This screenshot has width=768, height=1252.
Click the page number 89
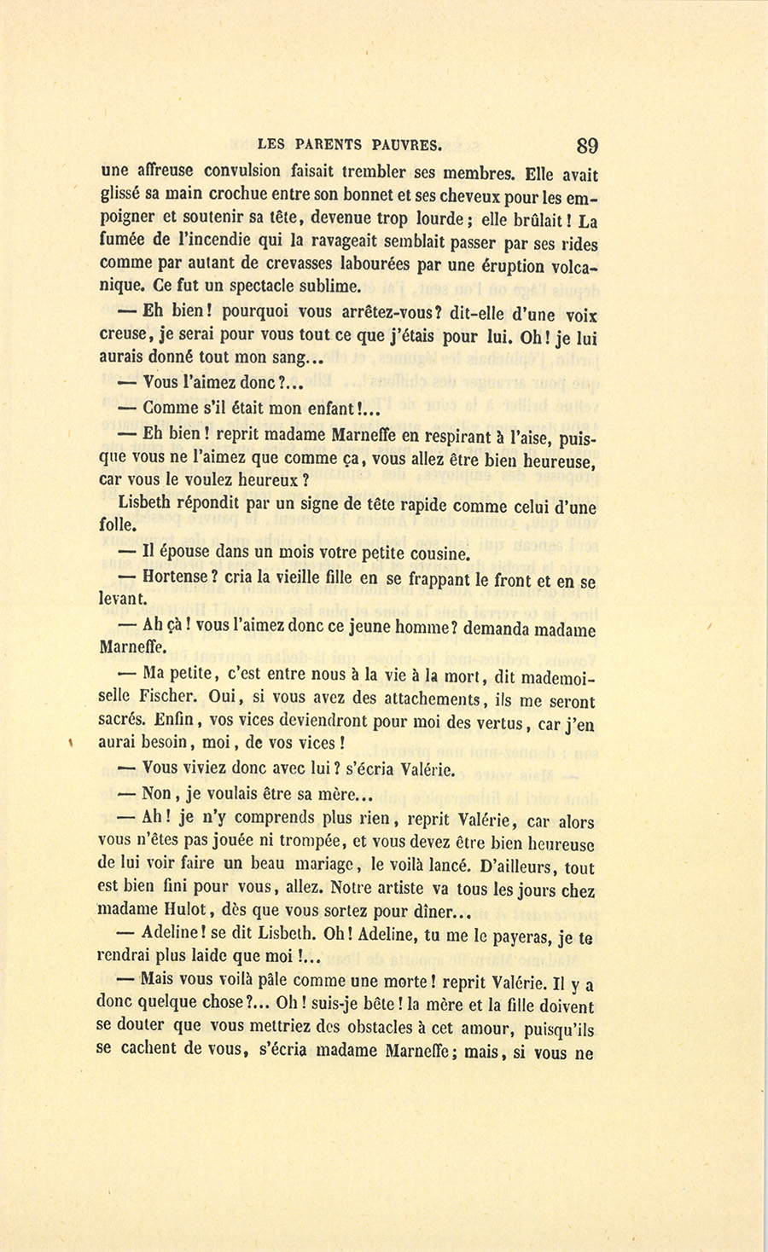pyautogui.click(x=587, y=145)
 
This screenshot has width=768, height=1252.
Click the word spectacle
pyautogui.click(x=255, y=286)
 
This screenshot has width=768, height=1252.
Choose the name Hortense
pyautogui.click(x=176, y=577)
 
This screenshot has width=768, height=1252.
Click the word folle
pyautogui.click(x=119, y=526)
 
